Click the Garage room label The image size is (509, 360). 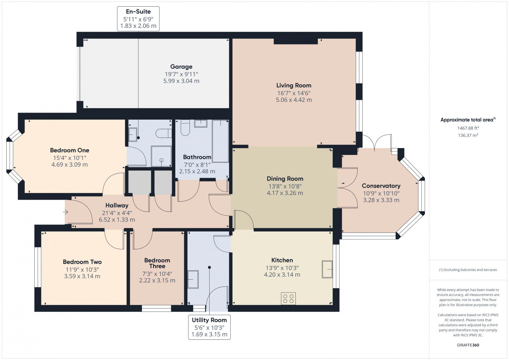181,67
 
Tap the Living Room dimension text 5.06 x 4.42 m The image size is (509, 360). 294,100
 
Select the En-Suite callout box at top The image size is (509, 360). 138,19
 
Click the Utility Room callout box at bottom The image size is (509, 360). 209,327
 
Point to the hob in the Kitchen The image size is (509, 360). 288,298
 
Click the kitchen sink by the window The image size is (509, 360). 327,269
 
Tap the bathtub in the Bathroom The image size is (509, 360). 220,141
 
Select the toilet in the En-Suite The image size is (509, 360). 164,133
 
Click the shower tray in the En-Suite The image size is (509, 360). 161,156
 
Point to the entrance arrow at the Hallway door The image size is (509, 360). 66,212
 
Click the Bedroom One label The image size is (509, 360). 69,150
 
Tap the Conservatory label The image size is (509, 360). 381,186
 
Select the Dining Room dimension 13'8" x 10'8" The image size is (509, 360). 285,186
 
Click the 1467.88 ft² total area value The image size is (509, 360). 468,128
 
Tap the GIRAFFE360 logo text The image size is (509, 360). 468,345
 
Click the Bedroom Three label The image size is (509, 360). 157,263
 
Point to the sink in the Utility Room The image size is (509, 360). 193,279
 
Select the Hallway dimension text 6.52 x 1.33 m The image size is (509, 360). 117,220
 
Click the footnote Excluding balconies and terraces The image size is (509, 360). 468,270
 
